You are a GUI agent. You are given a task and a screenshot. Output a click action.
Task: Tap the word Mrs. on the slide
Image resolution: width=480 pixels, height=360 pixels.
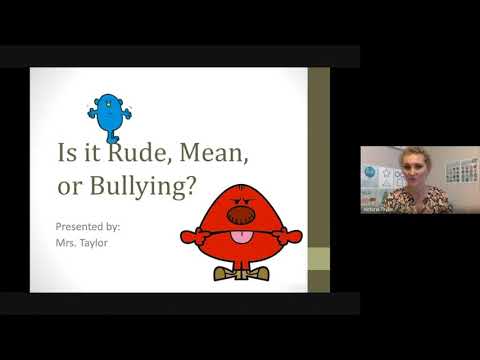[68, 242]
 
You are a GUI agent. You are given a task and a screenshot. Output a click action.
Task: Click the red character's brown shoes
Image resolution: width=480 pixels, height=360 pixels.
[241, 273]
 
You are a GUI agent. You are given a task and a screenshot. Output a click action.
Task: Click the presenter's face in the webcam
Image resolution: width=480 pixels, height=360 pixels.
[414, 169]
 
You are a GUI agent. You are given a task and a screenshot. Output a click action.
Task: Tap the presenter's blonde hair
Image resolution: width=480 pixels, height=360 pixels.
[414, 155]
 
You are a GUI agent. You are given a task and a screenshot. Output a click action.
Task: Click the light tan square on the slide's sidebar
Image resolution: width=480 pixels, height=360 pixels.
[317, 258]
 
